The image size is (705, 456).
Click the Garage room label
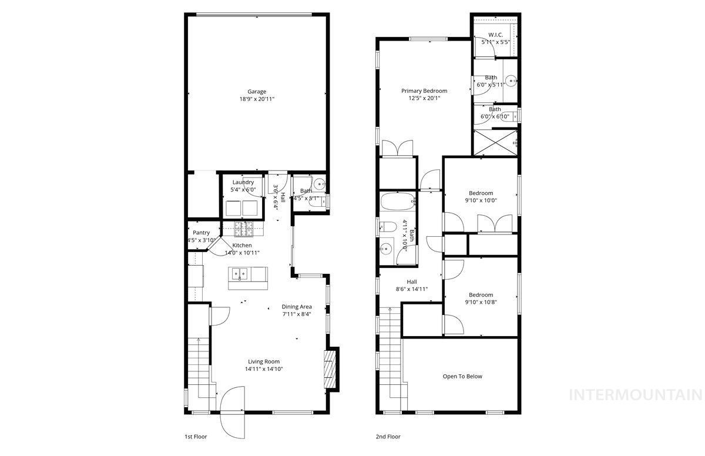[x=257, y=92]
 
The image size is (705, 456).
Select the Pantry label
[x=202, y=233]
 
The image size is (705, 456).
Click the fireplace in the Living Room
[x=331, y=368]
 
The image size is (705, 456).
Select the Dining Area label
[x=297, y=306]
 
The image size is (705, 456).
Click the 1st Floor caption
[x=196, y=437]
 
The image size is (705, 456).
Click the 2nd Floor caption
[x=388, y=437]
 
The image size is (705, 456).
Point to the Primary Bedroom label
[x=424, y=91]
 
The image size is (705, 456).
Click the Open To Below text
[x=462, y=377]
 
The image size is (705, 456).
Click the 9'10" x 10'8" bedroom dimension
[x=481, y=303]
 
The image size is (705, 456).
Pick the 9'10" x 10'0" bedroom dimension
[x=481, y=200]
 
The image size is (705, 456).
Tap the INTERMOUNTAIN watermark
[x=636, y=394]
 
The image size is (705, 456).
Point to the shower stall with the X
[x=495, y=142]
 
